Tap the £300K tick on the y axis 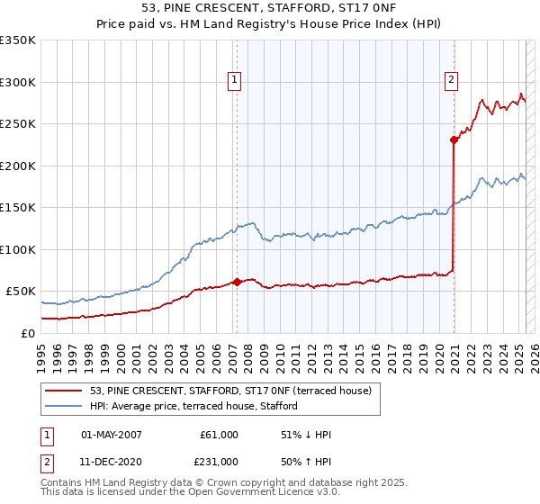pos(18,82)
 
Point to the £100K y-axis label pos(18,249)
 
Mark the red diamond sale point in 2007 pos(237,282)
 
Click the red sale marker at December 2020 pos(454,139)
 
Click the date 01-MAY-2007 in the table pos(111,435)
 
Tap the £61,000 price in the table pos(219,435)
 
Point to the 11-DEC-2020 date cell pos(111,462)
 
